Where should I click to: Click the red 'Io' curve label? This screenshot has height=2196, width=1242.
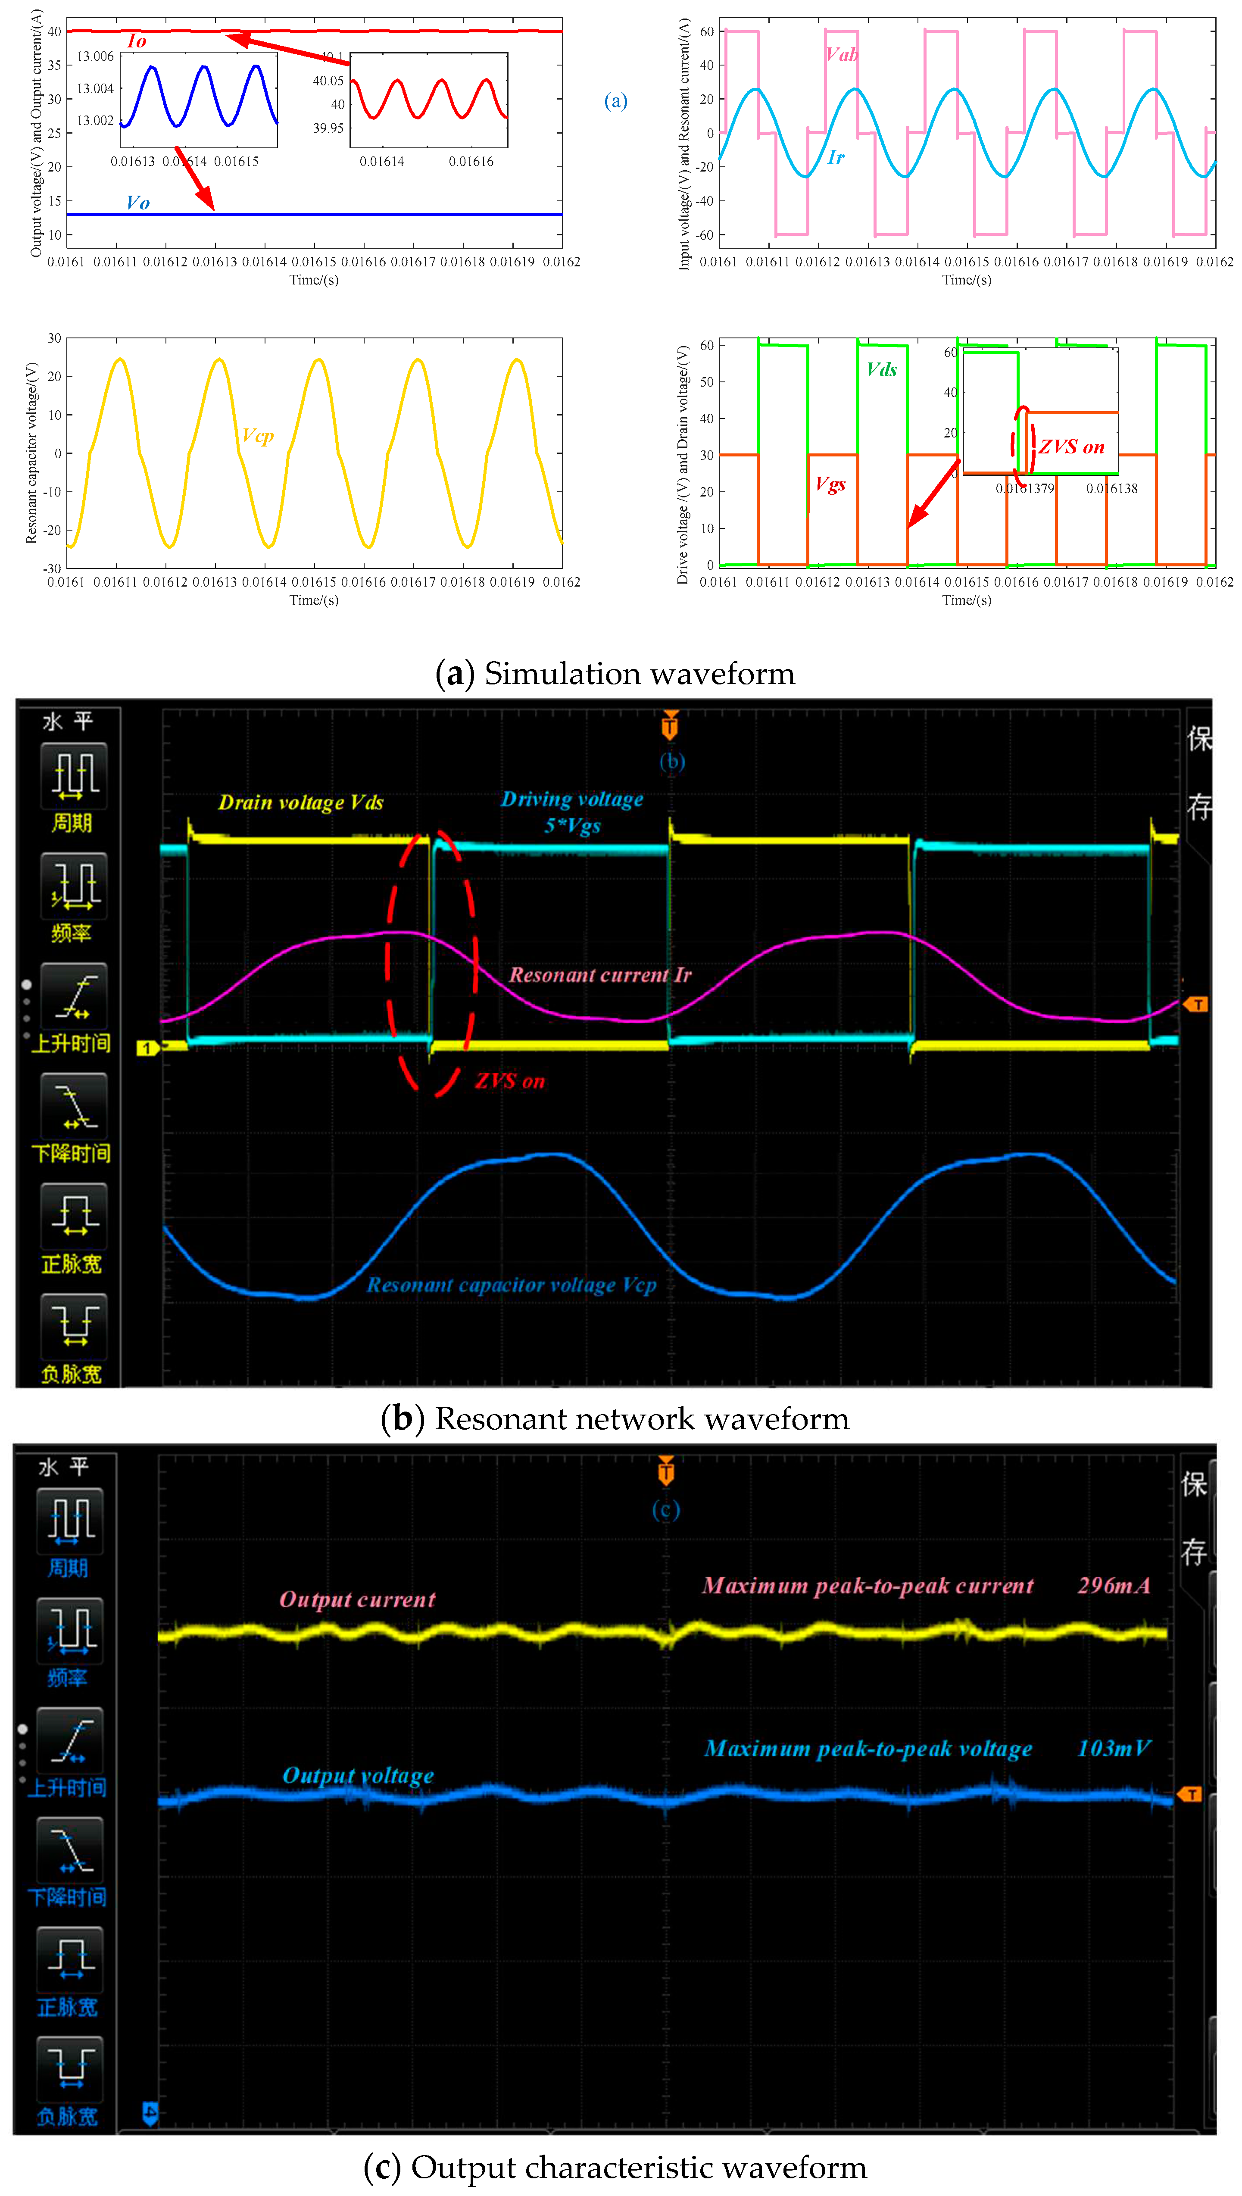pos(137,41)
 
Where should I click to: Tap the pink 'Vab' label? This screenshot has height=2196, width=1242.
pos(841,55)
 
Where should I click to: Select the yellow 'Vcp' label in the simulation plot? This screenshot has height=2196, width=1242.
pos(258,436)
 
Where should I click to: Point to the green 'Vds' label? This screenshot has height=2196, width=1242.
pos(881,369)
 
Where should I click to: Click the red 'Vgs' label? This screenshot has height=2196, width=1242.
pos(830,484)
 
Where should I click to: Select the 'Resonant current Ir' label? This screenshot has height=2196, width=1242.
pos(600,975)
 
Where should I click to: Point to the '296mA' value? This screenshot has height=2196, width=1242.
pos(1113,1586)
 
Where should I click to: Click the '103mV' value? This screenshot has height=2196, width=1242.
pos(1113,1749)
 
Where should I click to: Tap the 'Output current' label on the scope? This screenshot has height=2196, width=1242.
pos(357,1599)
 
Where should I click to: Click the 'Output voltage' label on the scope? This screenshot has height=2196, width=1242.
pos(357,1776)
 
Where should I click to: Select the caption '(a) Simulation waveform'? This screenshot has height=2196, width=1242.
pos(615,674)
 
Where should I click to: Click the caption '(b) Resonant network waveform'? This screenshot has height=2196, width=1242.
pos(615,1419)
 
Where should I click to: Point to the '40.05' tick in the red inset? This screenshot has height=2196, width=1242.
pos(328,81)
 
